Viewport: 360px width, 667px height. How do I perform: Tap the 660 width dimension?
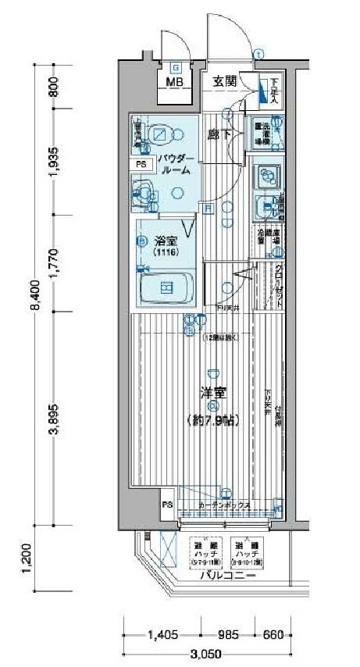click(273, 634)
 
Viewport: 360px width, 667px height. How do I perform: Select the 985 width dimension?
click(227, 634)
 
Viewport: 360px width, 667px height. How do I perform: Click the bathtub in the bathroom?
click(166, 287)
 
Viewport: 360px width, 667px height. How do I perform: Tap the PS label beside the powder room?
click(141, 165)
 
